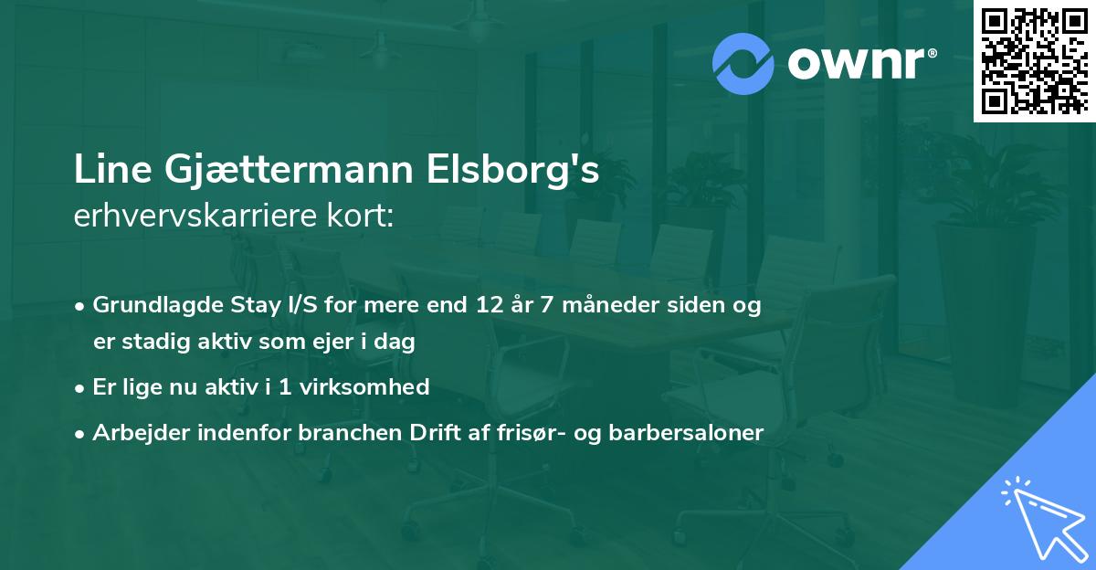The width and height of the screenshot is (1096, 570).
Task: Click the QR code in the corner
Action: click(1034, 60)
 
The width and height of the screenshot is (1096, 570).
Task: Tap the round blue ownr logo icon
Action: click(743, 63)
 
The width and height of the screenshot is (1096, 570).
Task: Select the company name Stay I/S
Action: click(262, 305)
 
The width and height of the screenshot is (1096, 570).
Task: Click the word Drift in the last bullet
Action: click(433, 433)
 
